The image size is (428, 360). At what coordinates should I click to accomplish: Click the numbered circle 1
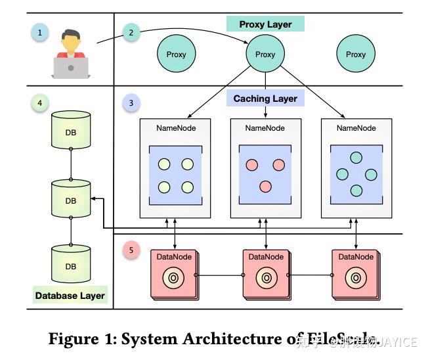[x=40, y=32]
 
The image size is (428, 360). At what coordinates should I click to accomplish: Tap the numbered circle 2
[x=132, y=32]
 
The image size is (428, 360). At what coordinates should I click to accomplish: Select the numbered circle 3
[x=131, y=103]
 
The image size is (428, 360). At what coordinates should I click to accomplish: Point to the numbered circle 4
[x=40, y=103]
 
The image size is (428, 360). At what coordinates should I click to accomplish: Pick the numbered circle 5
[x=131, y=250]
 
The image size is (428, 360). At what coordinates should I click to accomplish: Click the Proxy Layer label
[x=265, y=25]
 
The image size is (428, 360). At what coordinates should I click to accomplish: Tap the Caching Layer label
[x=265, y=99]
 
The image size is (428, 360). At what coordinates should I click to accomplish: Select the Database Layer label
[x=70, y=296]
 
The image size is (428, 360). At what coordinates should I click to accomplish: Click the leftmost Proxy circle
[x=176, y=55]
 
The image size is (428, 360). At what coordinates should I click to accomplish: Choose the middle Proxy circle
[x=265, y=55]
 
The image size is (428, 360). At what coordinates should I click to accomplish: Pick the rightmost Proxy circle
[x=355, y=55]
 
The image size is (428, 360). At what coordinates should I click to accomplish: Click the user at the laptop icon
[x=72, y=55]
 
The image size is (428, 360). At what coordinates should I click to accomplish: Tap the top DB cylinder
[x=70, y=129]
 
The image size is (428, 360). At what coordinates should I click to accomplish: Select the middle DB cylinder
[x=70, y=198]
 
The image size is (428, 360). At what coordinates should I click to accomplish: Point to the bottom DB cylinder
[x=70, y=264]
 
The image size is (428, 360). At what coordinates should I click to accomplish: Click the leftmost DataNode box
[x=174, y=275]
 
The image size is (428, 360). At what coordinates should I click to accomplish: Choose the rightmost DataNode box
[x=356, y=275]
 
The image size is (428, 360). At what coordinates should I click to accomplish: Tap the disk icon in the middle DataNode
[x=266, y=278]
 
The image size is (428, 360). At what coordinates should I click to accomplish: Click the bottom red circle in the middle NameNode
[x=265, y=187]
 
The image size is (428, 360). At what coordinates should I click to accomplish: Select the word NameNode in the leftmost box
[x=175, y=128]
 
